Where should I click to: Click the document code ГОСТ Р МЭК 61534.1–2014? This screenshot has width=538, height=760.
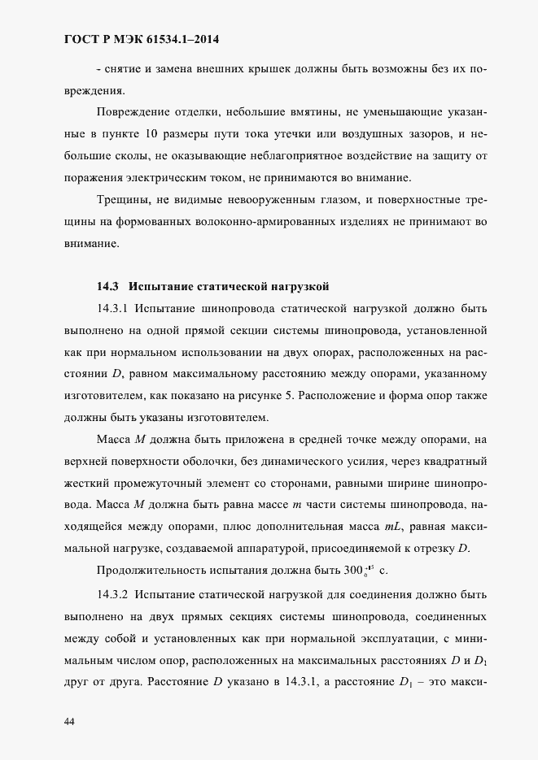pyautogui.click(x=142, y=39)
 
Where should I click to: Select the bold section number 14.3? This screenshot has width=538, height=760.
pyautogui.click(x=108, y=286)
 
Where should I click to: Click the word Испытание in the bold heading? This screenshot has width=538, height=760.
pyautogui.click(x=160, y=286)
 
